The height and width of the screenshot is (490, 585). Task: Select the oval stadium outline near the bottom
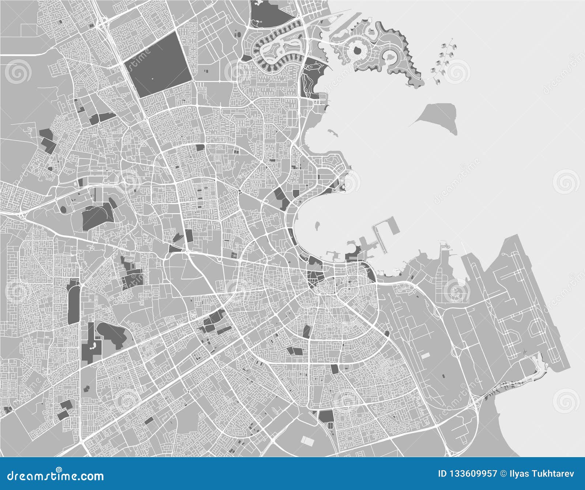click(x=331, y=426)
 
